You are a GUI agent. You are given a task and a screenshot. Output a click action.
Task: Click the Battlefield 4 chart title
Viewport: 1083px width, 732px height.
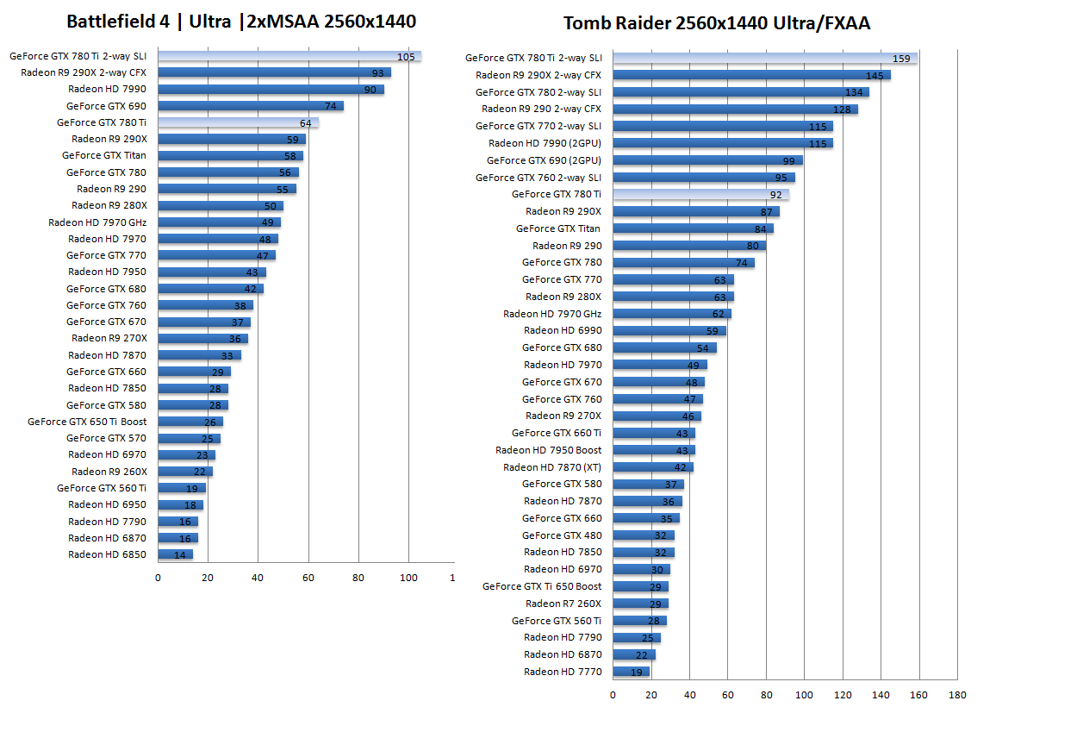pos(241,22)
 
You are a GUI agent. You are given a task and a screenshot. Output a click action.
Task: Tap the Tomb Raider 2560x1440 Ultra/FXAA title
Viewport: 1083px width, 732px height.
pos(717,23)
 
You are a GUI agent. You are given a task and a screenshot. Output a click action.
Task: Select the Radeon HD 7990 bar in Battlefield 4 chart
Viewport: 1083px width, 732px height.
pos(271,90)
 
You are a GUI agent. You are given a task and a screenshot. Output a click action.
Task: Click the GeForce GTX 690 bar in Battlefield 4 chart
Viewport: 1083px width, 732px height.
pos(250,106)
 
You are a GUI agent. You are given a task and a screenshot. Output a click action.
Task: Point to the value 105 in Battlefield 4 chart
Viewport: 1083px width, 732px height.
pos(406,57)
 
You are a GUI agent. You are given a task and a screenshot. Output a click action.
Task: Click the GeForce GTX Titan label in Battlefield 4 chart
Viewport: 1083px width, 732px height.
pos(104,156)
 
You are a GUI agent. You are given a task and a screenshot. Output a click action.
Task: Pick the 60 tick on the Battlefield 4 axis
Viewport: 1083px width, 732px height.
pos(308,578)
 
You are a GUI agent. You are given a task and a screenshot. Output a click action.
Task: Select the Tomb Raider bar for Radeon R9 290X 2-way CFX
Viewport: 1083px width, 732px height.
pos(751,75)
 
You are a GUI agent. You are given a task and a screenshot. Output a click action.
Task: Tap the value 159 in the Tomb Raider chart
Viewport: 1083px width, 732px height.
pos(901,59)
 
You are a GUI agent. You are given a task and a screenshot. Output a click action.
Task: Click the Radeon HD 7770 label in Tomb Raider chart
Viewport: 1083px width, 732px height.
pos(563,672)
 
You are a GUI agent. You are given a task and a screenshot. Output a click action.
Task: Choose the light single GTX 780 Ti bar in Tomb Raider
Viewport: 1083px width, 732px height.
pos(700,195)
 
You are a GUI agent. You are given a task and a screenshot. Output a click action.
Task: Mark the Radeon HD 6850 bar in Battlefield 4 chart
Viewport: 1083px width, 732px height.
pos(175,554)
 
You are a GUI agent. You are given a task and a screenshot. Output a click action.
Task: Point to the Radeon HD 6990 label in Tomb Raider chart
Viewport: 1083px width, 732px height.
pos(563,330)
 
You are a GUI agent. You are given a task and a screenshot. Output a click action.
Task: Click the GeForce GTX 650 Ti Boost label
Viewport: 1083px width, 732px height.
pos(87,422)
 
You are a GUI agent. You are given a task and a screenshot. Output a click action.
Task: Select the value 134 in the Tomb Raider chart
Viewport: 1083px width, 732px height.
pos(854,92)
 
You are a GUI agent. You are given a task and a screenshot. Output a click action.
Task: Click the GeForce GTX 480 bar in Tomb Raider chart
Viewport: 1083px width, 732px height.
pos(643,535)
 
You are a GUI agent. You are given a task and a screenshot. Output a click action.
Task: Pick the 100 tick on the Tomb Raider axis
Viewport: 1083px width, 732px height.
pos(804,695)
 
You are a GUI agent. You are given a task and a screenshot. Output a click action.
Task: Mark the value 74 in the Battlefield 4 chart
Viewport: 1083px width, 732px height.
pos(330,106)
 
